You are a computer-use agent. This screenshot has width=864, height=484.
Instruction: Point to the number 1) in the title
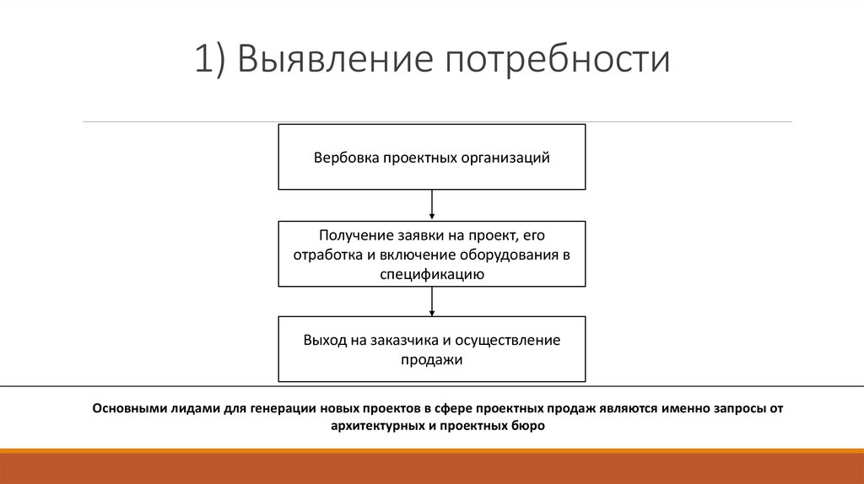(211, 61)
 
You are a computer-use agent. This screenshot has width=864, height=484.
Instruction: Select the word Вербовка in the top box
(346, 158)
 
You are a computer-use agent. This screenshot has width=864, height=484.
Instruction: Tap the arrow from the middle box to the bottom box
(432, 301)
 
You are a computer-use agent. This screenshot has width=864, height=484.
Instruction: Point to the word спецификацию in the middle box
(431, 273)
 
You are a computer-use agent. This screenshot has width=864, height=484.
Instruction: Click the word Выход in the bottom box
(324, 340)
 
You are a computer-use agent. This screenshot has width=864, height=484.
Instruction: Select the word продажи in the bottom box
(431, 359)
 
